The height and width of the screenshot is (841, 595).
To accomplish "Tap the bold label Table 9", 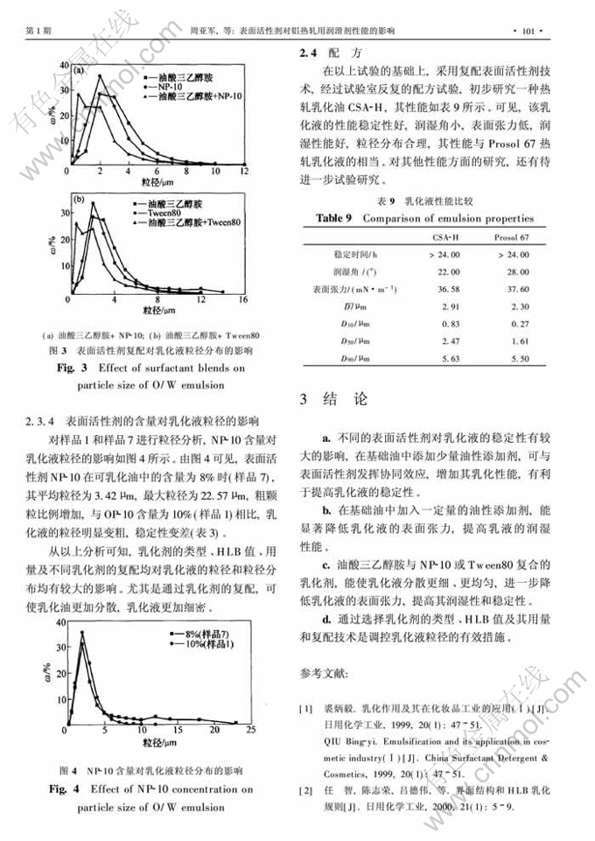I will click(x=333, y=218).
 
